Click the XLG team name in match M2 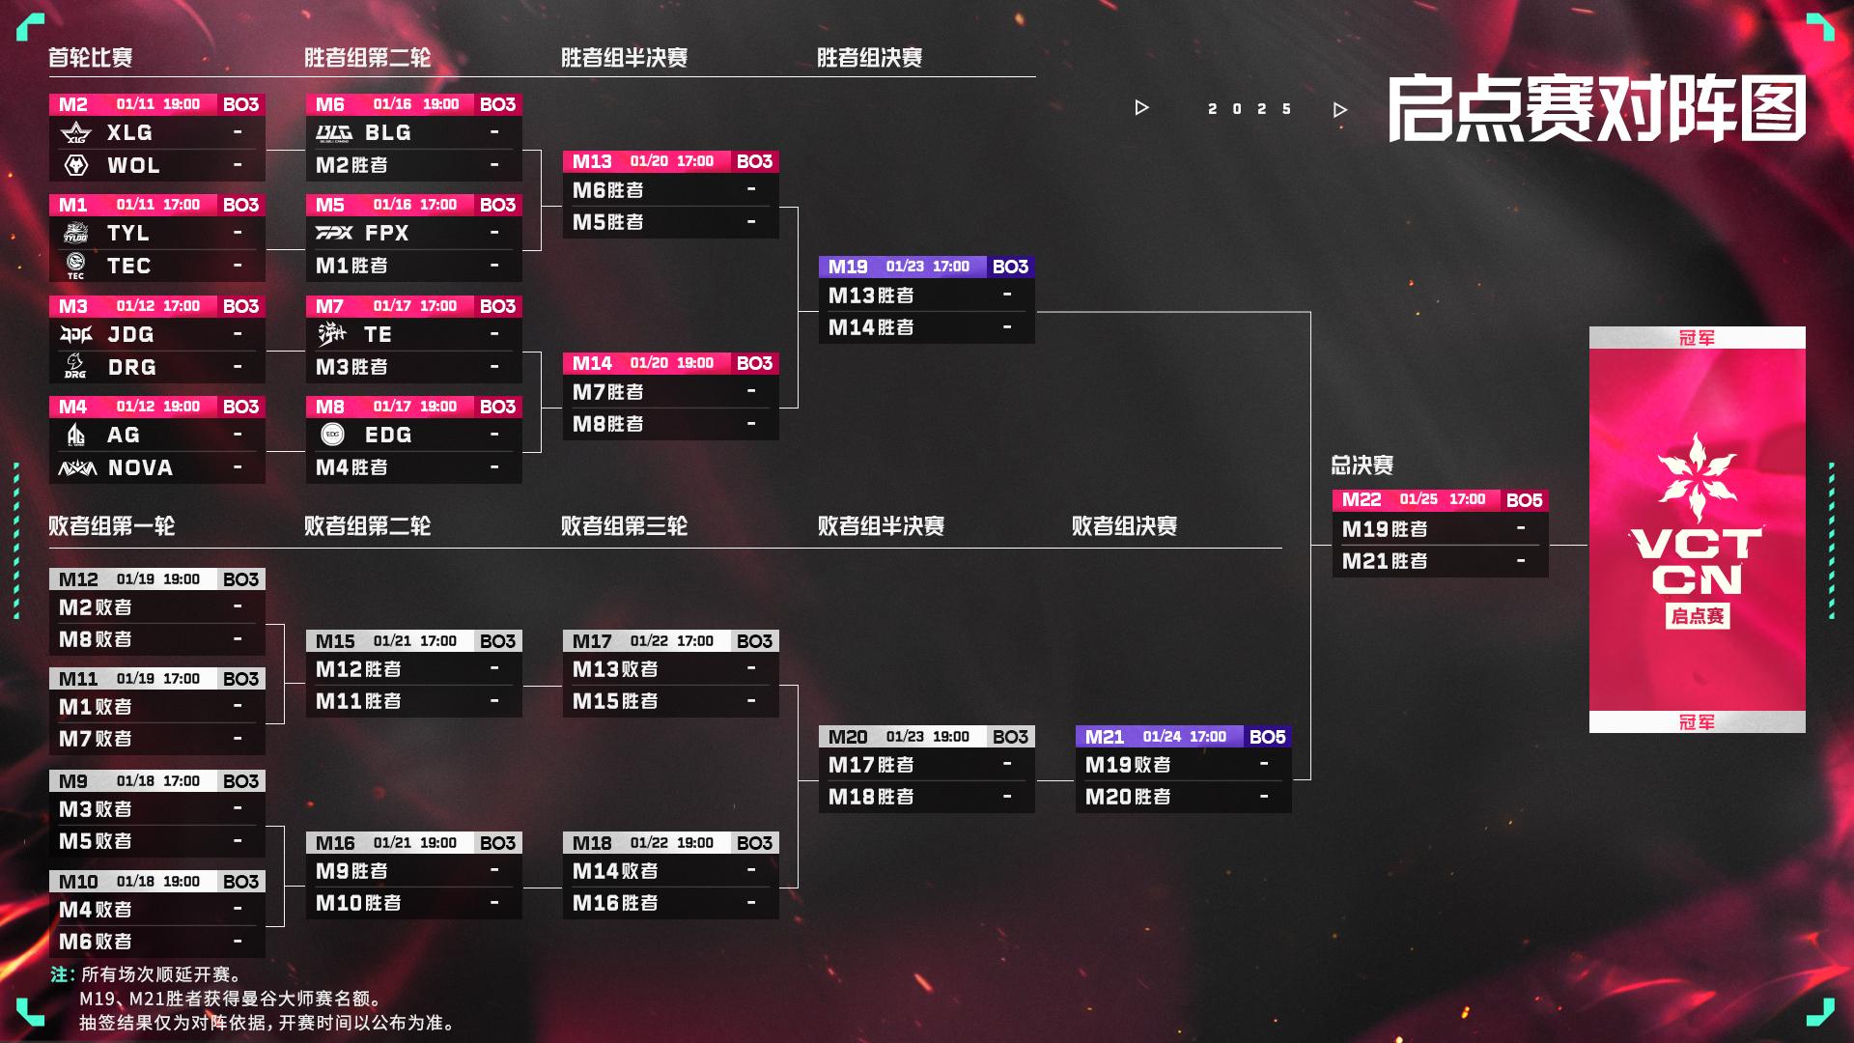[x=129, y=132]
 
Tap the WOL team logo [x=76, y=165]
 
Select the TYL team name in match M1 [x=128, y=233]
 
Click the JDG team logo [x=76, y=334]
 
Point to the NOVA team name [x=140, y=468]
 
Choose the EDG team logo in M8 [x=332, y=435]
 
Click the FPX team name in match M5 [x=386, y=233]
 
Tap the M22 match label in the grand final [x=1362, y=500]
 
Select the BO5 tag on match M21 [x=1267, y=737]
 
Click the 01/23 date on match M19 [x=905, y=267]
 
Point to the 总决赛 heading [x=1362, y=465]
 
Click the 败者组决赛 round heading [x=1124, y=526]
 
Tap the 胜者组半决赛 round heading [x=624, y=58]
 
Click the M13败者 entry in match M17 [x=615, y=669]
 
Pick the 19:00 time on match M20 [x=951, y=737]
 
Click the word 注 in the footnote [x=62, y=974]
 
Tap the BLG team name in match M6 [x=387, y=132]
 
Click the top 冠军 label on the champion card [x=1697, y=338]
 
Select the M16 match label [x=335, y=843]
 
